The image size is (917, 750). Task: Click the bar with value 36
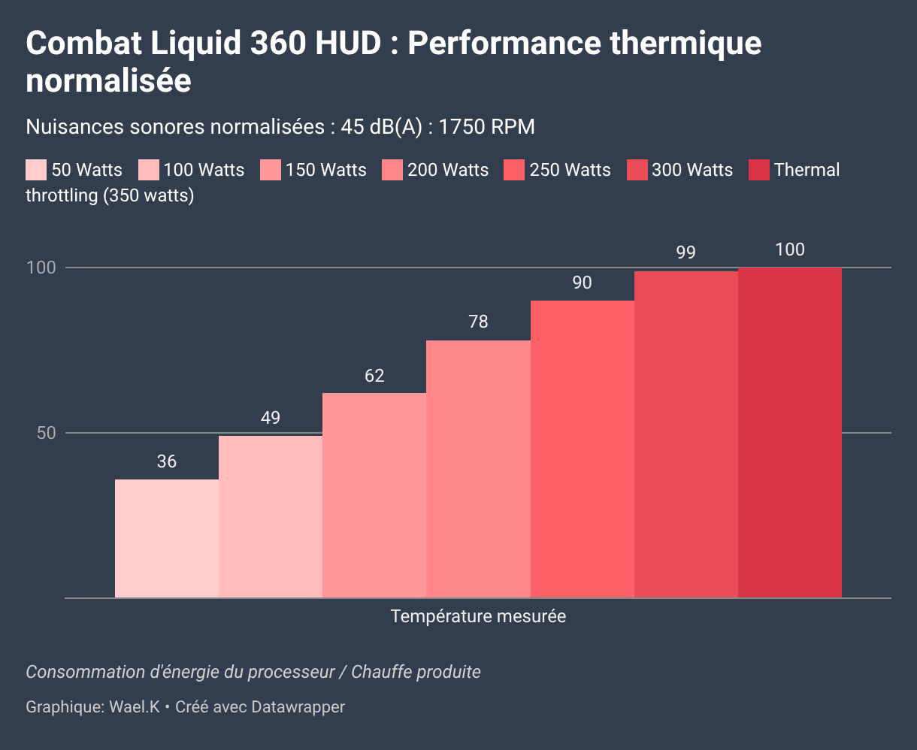167,538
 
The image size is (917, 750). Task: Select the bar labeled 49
271,516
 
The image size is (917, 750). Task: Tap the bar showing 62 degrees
374,495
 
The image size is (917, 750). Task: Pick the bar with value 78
478,469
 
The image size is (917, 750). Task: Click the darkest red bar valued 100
789,432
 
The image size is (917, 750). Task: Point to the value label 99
685,253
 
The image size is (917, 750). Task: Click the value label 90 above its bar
582,283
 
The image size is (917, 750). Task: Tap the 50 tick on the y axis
47,434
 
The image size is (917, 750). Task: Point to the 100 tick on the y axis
42,268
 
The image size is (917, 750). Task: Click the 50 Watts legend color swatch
36,170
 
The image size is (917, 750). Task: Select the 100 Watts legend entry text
204,170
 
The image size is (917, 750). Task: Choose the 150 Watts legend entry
325,170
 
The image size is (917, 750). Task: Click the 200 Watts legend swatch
392,170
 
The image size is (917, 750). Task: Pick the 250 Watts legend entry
570,170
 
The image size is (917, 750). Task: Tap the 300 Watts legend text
692,170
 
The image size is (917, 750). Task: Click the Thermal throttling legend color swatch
759,170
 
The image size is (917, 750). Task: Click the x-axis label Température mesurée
478,617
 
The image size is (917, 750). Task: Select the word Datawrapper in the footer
298,707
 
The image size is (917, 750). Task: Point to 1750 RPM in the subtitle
486,127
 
